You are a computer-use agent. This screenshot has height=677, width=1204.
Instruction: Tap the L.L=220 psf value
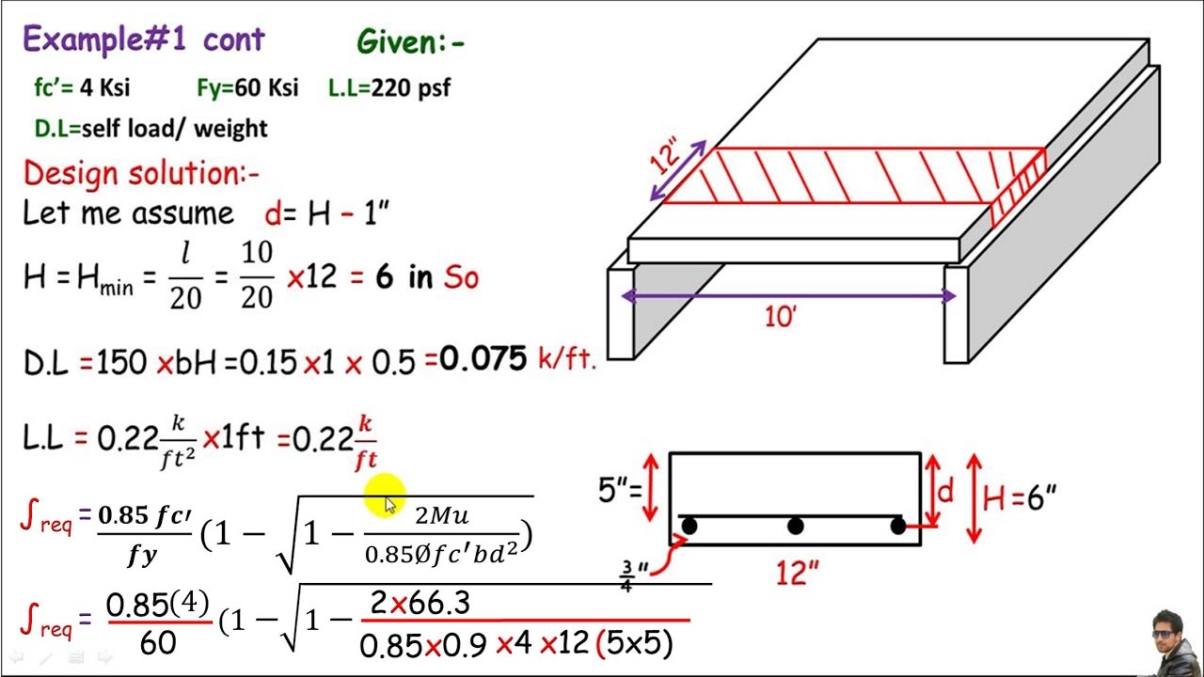(388, 88)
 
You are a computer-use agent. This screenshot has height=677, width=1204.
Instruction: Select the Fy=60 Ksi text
(247, 88)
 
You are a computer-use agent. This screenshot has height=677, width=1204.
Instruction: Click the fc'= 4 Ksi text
(82, 88)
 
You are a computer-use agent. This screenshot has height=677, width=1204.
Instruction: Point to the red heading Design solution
(141, 174)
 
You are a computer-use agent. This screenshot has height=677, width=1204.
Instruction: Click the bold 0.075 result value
(482, 359)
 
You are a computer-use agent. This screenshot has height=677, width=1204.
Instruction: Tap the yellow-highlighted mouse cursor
(388, 504)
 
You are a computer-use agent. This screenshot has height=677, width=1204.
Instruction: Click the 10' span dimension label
(781, 318)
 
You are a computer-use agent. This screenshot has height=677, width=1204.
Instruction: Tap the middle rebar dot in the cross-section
(795, 527)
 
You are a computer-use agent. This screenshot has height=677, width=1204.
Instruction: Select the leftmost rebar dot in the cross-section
(689, 527)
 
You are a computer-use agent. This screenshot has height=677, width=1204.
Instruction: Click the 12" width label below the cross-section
(796, 573)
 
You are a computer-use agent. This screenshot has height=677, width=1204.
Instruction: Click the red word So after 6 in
(460, 278)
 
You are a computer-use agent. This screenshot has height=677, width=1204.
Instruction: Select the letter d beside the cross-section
(945, 491)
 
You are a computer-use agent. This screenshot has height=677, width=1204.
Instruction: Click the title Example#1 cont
(143, 39)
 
